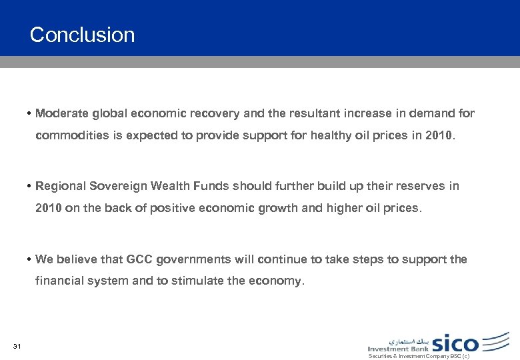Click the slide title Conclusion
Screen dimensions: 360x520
[82, 35]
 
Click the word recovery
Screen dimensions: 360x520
[219, 113]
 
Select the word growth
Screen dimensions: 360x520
[282, 208]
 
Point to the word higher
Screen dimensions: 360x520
[343, 208]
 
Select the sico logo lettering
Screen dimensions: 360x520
[455, 343]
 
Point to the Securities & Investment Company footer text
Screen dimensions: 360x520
[419, 357]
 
